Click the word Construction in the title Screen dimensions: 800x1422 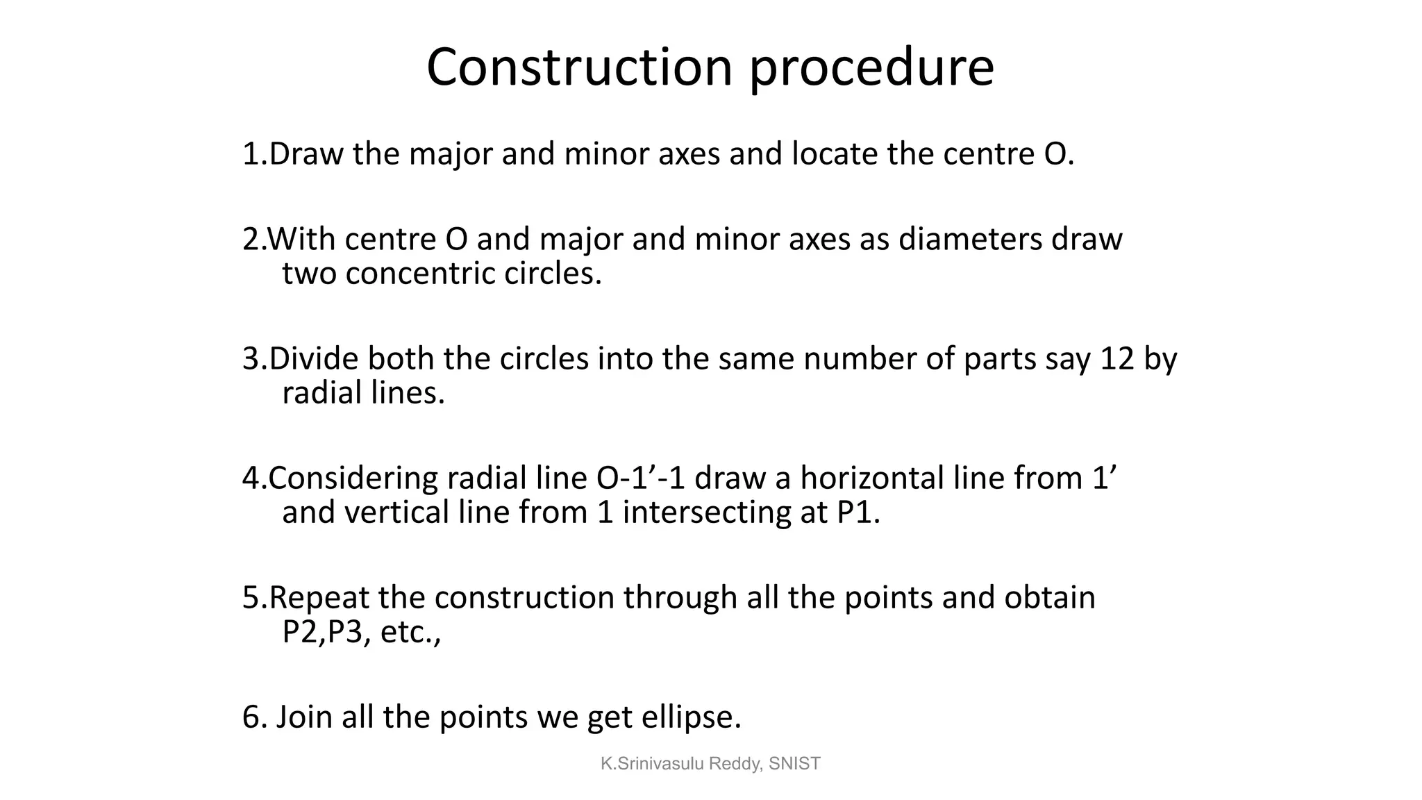point(579,67)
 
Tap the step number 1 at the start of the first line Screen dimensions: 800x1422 point(251,153)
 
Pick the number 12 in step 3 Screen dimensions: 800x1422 point(1117,359)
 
